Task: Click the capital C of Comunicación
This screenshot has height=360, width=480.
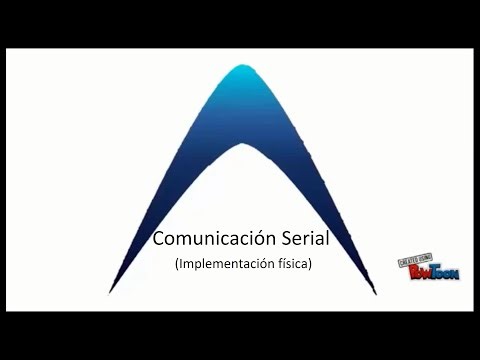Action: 158,240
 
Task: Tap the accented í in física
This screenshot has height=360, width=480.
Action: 284,264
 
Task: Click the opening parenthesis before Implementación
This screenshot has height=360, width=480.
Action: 176,265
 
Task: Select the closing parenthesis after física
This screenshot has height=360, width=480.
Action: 311,265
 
